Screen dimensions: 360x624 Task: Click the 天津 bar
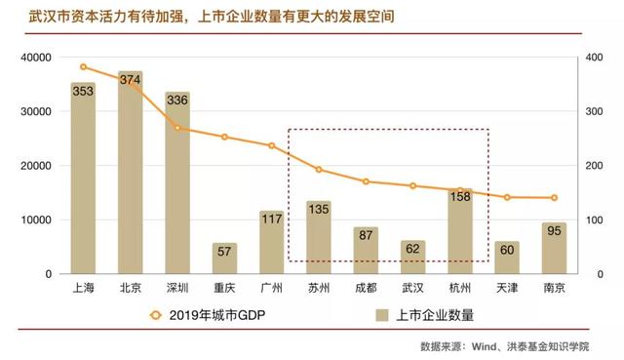(x=507, y=258)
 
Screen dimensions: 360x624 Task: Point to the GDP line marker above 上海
(x=83, y=67)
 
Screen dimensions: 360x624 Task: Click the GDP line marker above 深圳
(x=177, y=128)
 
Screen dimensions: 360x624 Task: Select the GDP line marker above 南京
(x=554, y=198)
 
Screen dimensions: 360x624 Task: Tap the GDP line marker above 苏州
(x=319, y=170)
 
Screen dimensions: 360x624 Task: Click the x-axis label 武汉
(x=412, y=289)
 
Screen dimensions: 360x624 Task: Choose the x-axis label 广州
(x=272, y=289)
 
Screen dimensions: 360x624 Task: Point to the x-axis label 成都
(x=366, y=289)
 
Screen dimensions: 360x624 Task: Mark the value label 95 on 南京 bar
(x=554, y=232)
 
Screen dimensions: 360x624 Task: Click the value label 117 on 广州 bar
(x=272, y=220)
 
